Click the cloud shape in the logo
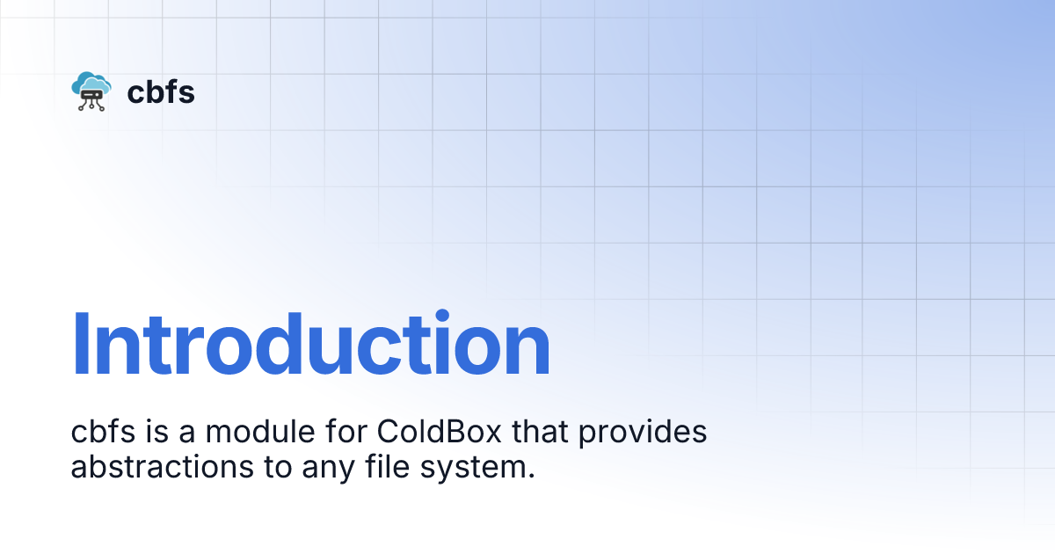click(92, 81)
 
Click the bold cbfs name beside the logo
click(161, 91)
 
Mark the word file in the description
click(379, 467)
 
